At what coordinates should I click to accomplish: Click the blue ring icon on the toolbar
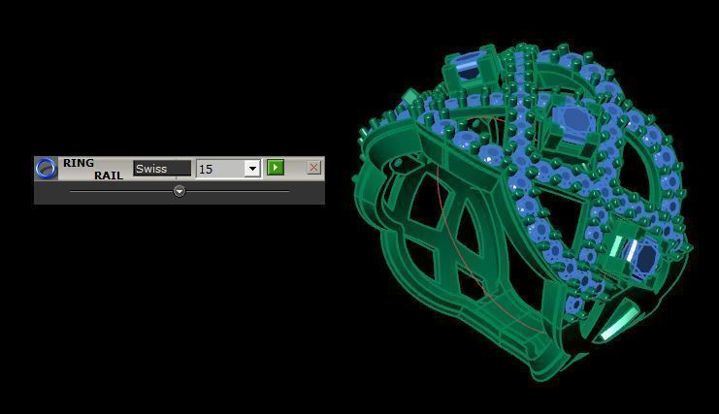[x=46, y=168]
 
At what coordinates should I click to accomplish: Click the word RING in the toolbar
[x=79, y=163]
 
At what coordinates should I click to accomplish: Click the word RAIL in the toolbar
[x=108, y=175]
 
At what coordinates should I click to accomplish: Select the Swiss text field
[x=162, y=169]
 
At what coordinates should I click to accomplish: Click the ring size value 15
[x=219, y=169]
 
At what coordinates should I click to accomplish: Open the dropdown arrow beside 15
[x=252, y=169]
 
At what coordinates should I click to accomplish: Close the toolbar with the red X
[x=313, y=168]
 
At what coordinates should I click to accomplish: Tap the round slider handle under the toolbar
[x=180, y=192]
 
